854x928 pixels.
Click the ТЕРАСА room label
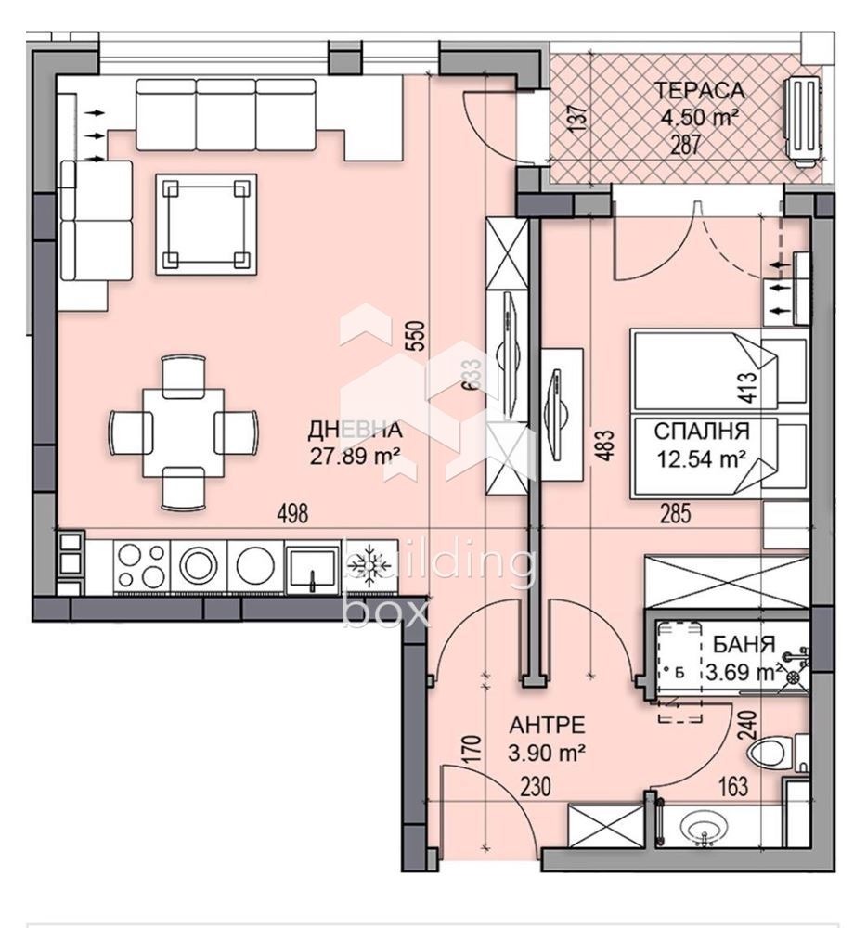[700, 90]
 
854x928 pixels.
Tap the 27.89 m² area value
[355, 454]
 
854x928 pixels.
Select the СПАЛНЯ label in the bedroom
[701, 431]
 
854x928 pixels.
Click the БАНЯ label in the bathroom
[740, 644]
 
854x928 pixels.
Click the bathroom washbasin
[705, 827]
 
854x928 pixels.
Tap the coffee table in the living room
[206, 223]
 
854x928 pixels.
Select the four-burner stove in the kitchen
[143, 564]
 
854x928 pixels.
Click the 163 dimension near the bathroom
[732, 788]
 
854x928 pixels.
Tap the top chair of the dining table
[182, 375]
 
